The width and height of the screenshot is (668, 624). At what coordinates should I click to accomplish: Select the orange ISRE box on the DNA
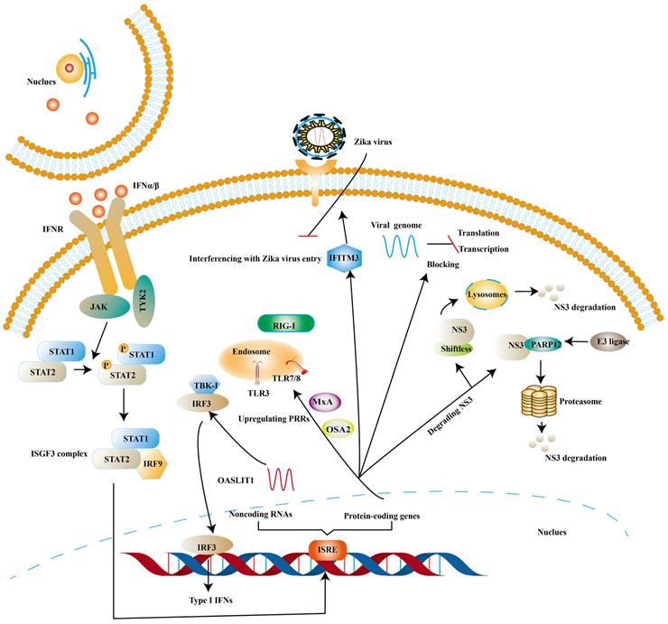[x=326, y=548]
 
